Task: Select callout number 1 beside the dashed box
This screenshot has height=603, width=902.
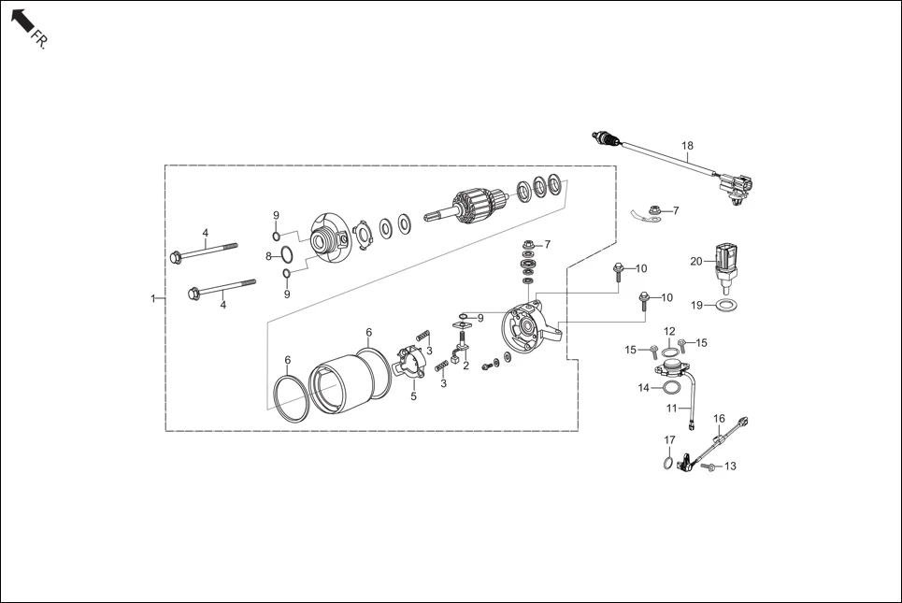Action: pos(152,298)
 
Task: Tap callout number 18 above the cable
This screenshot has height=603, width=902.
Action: pos(687,146)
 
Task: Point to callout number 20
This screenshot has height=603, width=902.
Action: pos(695,261)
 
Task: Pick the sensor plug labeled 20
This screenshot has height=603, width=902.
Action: pos(726,259)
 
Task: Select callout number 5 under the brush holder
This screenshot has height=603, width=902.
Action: pos(412,396)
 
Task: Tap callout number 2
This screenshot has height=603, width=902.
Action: pos(465,366)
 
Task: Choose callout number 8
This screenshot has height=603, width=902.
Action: pos(267,255)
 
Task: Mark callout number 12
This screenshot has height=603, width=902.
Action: pos(669,331)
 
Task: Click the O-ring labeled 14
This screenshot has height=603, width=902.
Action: pos(670,386)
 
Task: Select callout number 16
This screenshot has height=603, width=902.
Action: pos(719,418)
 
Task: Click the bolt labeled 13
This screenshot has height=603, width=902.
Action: pos(708,466)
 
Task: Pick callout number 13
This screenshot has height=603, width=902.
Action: pos(730,466)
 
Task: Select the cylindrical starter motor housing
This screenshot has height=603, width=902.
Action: pos(343,383)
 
